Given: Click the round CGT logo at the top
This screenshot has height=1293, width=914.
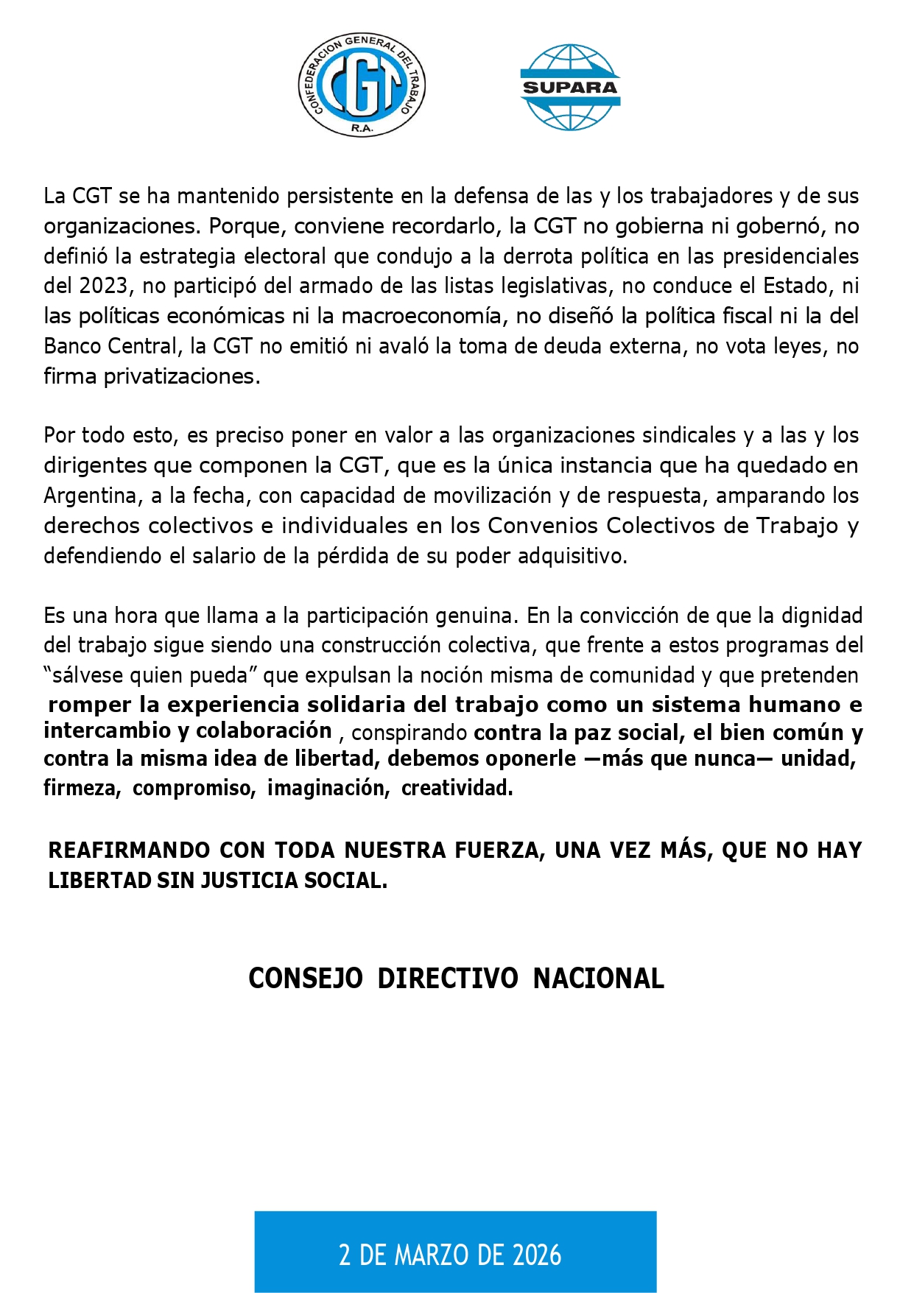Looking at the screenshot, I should (362, 85).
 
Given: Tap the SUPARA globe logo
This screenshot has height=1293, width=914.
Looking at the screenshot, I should (570, 87).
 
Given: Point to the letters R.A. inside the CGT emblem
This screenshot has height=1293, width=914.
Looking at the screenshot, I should (362, 127).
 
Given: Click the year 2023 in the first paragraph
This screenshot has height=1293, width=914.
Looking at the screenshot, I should (104, 286).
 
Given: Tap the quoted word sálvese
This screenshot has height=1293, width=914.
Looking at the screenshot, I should (87, 675).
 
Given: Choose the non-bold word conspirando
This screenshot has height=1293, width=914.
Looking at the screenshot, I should (409, 733).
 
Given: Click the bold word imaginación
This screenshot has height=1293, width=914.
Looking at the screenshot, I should (328, 788).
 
